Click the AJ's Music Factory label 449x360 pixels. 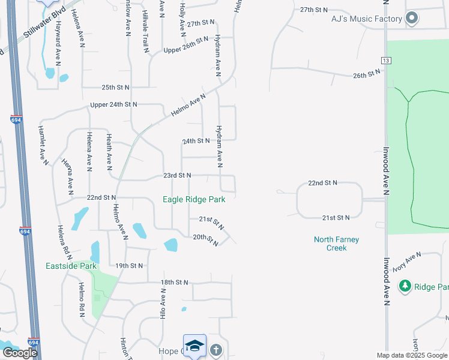[x=366, y=19]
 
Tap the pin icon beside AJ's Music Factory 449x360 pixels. [x=412, y=19]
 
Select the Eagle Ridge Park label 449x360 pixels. [x=194, y=199]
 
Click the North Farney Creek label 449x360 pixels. [x=336, y=244]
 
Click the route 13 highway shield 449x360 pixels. [x=385, y=61]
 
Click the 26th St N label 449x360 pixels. [x=367, y=73]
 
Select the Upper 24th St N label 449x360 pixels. [x=113, y=104]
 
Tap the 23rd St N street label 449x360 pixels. [x=176, y=175]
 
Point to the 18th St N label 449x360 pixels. [x=174, y=282]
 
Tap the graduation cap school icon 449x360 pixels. [x=194, y=345]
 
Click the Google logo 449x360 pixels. [x=20, y=353]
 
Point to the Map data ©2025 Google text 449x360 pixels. [x=412, y=355]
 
